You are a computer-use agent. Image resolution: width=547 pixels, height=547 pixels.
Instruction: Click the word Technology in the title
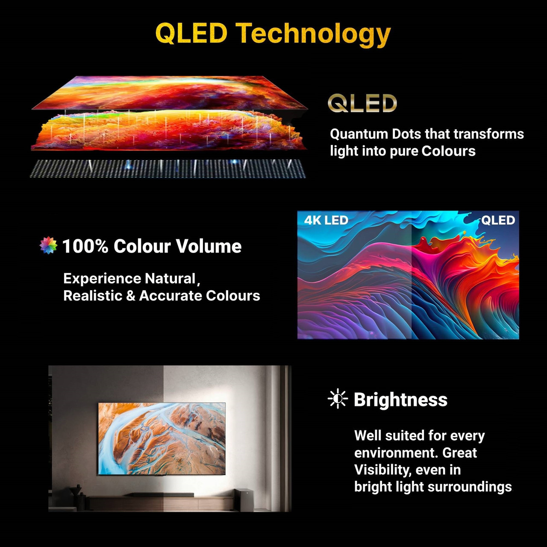point(313,35)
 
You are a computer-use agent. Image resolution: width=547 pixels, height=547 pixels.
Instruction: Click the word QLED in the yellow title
point(191,33)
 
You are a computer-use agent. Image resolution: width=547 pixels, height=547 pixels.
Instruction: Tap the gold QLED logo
point(362,103)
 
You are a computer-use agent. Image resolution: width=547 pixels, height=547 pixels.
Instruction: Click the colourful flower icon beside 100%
point(48,245)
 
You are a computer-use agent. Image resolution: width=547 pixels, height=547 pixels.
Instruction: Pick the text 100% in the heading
point(85,246)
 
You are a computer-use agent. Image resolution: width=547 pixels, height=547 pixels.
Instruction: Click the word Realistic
point(93,295)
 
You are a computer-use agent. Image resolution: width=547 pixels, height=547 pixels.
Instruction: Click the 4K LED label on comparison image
point(326,220)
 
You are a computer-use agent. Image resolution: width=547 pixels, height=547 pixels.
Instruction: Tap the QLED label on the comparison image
point(498,220)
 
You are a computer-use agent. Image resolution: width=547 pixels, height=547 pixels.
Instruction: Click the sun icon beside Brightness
point(338,399)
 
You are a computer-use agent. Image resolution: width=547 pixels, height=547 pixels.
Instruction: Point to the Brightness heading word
point(400,400)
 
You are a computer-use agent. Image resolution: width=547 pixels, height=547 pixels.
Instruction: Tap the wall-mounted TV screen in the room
point(162,438)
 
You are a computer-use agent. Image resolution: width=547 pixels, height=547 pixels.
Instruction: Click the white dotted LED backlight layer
point(168,169)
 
